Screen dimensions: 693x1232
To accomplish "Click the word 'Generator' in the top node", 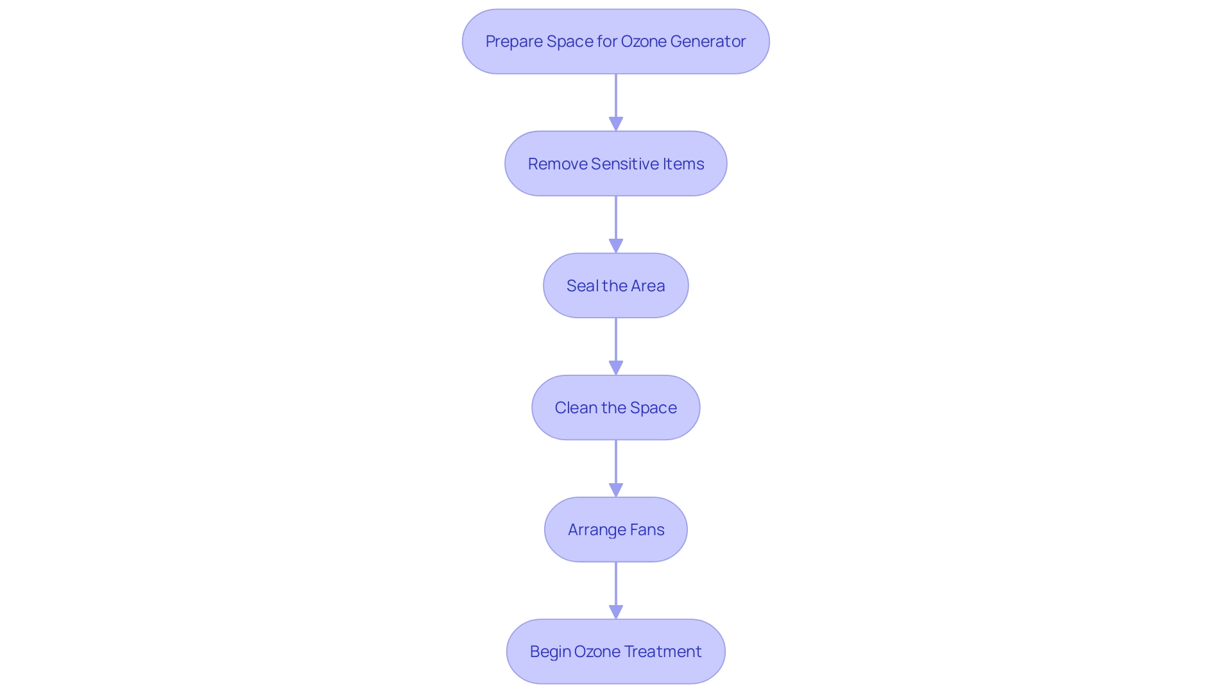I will pyautogui.click(x=708, y=42).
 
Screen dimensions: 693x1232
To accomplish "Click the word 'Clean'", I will pyautogui.click(x=576, y=408).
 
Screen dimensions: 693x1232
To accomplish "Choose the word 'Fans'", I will pyautogui.click(x=647, y=530).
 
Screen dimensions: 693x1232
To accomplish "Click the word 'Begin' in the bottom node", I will pyautogui.click(x=550, y=652).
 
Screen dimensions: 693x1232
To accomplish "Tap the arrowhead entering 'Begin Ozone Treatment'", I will pyautogui.click(x=616, y=612).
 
